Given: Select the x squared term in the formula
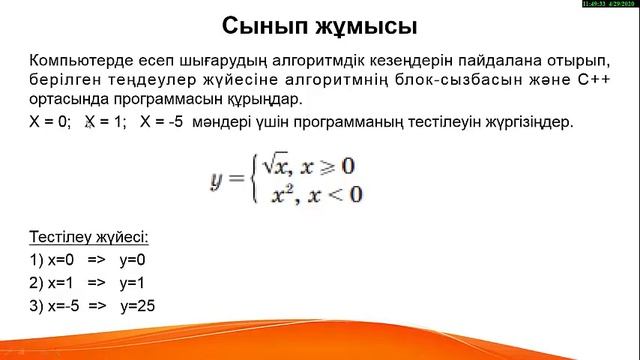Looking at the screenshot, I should point(284,193).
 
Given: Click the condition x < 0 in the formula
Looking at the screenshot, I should point(337,193).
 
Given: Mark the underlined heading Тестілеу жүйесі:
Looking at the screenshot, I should point(90,237).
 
